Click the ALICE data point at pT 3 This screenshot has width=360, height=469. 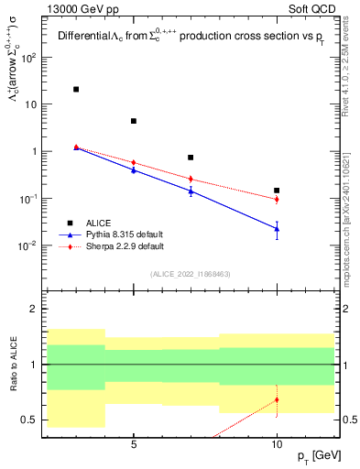point(76,89)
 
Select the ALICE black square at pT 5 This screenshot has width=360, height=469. point(134,121)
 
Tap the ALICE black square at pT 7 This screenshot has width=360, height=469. point(191,158)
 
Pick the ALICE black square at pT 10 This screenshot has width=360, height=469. point(277,191)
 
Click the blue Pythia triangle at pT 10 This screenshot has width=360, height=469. point(277,228)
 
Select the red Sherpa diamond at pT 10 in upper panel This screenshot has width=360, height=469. point(277,199)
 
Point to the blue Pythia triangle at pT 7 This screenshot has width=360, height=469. point(191,191)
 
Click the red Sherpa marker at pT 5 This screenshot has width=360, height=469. point(134,162)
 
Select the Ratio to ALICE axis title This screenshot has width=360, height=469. point(13,364)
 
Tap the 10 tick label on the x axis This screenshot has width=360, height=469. point(277,443)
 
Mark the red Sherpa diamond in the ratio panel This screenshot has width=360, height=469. point(277,399)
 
